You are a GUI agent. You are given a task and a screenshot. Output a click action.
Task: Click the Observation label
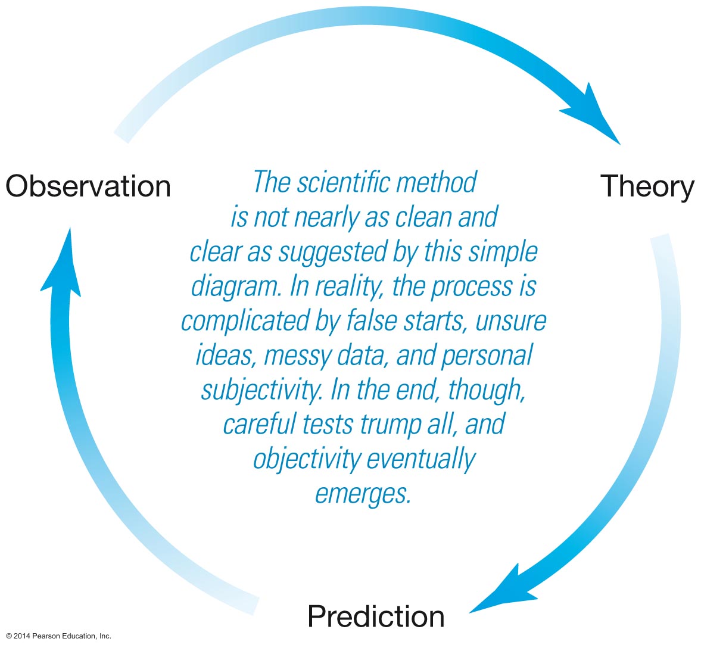click(88, 186)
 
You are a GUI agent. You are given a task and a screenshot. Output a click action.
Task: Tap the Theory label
click(647, 186)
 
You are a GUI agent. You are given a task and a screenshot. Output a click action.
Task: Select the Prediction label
click(376, 616)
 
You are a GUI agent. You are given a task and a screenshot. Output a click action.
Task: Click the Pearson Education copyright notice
click(58, 636)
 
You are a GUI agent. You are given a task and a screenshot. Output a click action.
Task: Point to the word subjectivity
click(261, 391)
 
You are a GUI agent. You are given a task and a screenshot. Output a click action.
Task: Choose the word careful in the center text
click(260, 425)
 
